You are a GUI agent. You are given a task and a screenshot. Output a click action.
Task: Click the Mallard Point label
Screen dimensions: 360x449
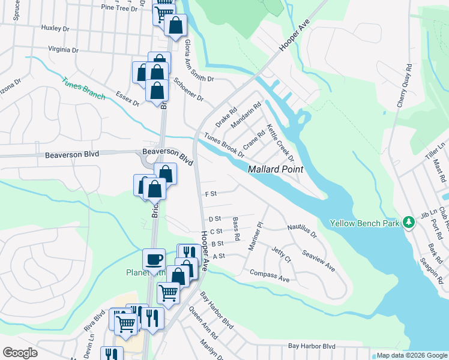click(x=276, y=170)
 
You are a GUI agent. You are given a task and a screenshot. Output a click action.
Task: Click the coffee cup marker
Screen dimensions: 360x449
click(x=154, y=259)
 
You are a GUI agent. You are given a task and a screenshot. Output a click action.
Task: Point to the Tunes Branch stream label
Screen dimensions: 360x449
click(x=84, y=88)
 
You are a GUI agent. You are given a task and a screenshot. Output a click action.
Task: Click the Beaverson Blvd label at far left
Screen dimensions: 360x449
click(x=71, y=155)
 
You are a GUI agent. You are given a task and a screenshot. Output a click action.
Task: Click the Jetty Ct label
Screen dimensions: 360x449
click(x=281, y=255)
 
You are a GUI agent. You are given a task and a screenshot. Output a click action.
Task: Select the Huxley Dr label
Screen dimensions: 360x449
click(x=56, y=28)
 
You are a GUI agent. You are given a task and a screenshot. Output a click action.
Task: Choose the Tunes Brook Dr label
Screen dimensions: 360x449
click(x=224, y=145)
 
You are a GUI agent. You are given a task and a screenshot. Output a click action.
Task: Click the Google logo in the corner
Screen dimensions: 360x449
click(x=20, y=353)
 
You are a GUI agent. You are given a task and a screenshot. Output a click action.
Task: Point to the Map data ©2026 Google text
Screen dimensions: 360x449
click(x=411, y=355)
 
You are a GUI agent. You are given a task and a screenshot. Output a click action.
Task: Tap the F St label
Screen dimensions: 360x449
click(x=210, y=194)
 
